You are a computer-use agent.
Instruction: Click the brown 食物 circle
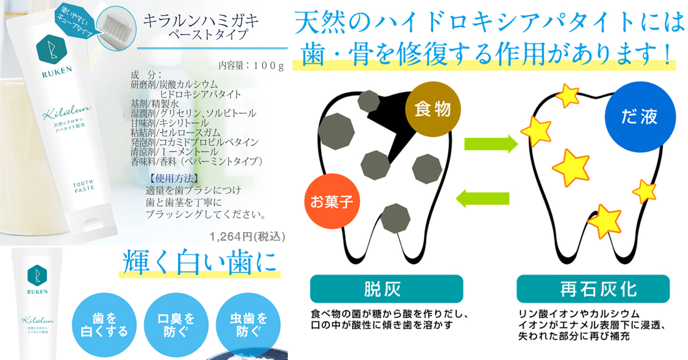(x=433, y=109)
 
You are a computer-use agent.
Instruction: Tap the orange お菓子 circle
(x=332, y=202)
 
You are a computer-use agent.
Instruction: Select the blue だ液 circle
(x=640, y=117)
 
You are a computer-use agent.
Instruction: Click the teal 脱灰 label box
(x=386, y=289)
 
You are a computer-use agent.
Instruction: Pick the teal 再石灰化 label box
(x=593, y=289)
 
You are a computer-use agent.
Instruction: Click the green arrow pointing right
(x=491, y=144)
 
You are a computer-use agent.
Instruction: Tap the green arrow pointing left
(x=482, y=198)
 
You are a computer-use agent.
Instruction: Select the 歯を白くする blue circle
(x=104, y=325)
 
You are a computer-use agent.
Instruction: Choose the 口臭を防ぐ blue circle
(x=177, y=325)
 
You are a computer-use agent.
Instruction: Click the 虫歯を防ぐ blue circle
(x=248, y=325)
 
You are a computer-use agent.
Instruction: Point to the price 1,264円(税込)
(x=247, y=237)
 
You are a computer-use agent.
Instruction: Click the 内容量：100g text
(x=251, y=65)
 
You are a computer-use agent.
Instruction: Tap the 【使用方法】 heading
(x=174, y=178)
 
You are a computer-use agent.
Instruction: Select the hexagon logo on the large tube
(x=51, y=49)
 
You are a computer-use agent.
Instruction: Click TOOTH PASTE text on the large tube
(x=84, y=186)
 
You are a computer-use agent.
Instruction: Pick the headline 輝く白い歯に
(x=200, y=263)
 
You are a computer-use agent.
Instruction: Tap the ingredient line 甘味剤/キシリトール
(x=170, y=123)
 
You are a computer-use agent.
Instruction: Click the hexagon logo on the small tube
(x=37, y=276)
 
